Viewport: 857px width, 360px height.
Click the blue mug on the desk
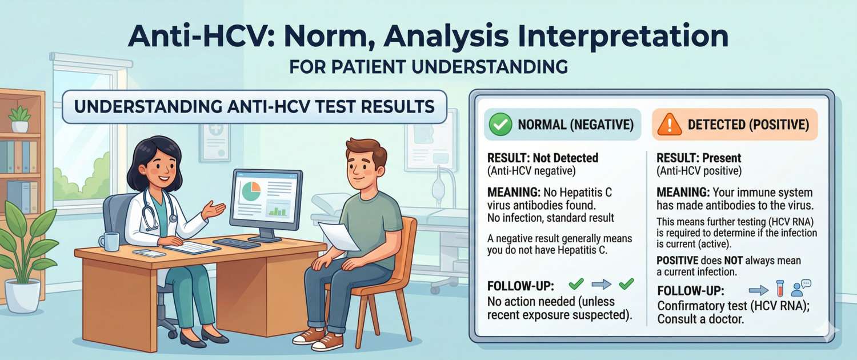coord(110,241)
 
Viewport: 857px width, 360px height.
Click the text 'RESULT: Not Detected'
coord(542,158)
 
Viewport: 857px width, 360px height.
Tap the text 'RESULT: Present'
coord(699,158)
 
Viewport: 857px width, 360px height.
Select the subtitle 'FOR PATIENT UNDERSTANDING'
coord(428,66)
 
